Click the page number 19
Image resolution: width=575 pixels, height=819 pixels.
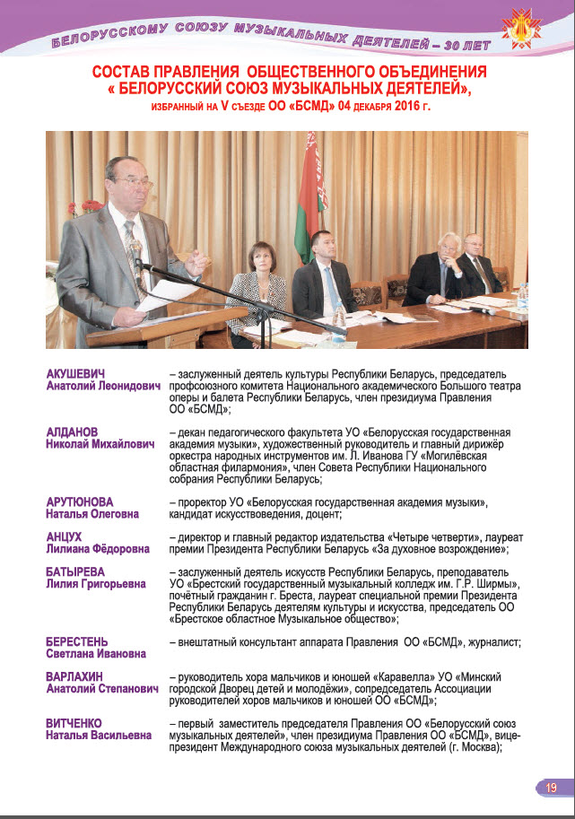click(x=552, y=787)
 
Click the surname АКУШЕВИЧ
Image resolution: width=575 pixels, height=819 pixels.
click(x=77, y=373)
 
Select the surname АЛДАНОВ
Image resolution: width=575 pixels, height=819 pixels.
click(x=73, y=432)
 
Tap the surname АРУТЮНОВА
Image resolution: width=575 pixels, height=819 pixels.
click(x=80, y=501)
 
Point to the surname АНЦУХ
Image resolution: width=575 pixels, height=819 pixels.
click(x=64, y=536)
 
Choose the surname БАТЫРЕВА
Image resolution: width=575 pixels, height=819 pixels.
click(x=76, y=571)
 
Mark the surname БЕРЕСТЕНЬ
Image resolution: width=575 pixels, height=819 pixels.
click(x=77, y=641)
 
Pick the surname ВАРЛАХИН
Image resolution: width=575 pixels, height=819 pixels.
click(x=75, y=676)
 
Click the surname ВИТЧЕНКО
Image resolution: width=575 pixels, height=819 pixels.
click(x=74, y=723)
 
